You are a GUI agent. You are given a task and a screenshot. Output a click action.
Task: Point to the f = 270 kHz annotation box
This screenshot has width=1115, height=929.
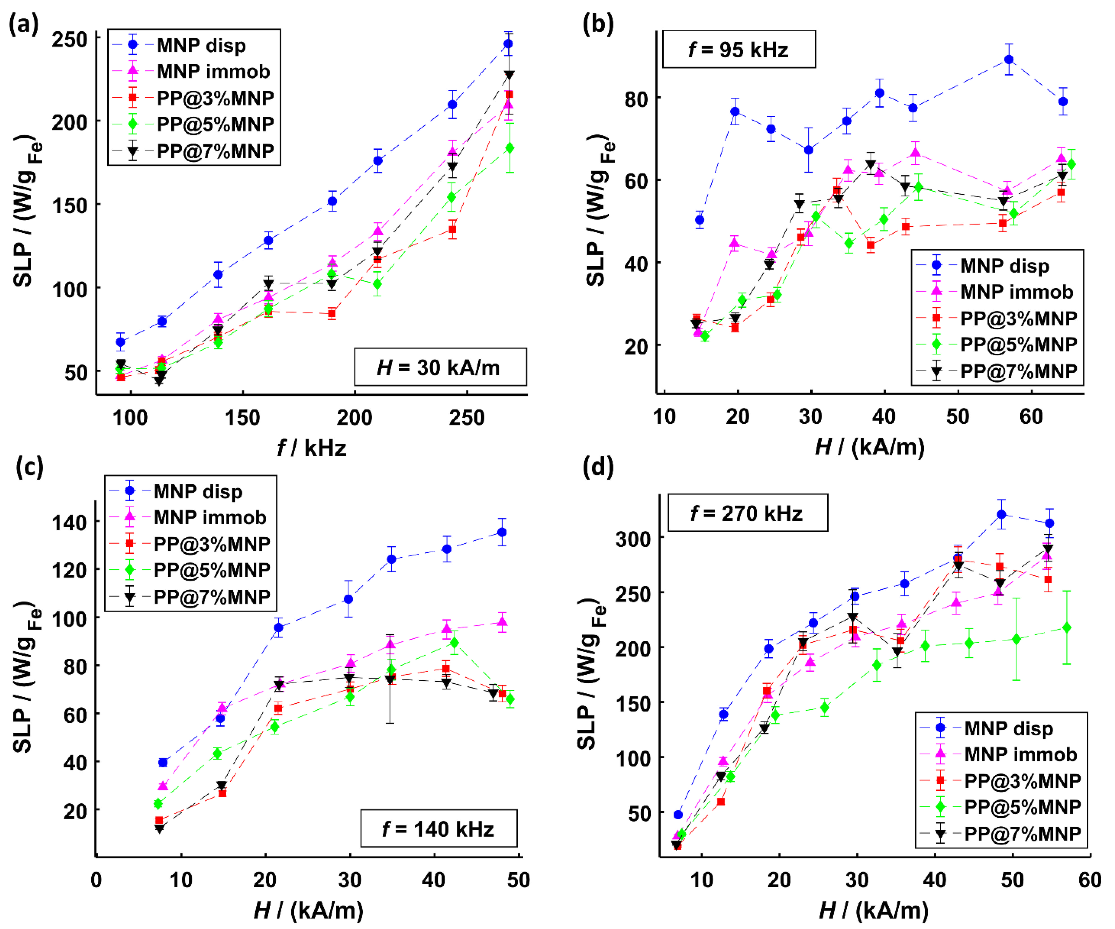(747, 513)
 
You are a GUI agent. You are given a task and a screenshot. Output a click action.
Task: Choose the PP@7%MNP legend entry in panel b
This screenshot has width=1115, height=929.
(1018, 371)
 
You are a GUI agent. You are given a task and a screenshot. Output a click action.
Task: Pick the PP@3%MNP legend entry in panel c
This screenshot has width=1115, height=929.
(211, 544)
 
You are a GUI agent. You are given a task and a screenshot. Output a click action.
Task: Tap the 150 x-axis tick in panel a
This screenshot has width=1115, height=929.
(243, 417)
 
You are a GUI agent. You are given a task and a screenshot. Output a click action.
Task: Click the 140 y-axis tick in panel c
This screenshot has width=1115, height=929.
(69, 523)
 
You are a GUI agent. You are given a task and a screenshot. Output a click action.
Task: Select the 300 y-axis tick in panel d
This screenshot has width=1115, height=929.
(633, 539)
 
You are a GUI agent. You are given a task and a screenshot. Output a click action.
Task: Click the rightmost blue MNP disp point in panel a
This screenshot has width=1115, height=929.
(508, 43)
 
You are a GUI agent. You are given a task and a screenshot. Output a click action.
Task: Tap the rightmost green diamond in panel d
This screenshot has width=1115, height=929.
(1066, 628)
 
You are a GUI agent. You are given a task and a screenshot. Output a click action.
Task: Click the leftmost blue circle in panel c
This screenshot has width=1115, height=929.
(163, 763)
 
